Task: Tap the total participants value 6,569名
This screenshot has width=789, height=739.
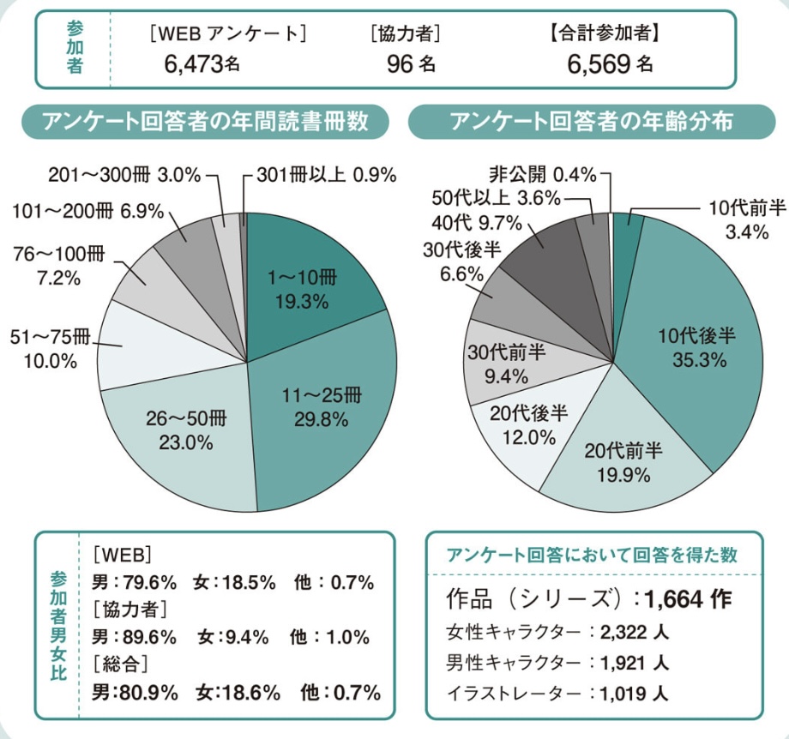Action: pyautogui.click(x=610, y=63)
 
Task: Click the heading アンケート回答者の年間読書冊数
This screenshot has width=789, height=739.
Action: pyautogui.click(x=206, y=122)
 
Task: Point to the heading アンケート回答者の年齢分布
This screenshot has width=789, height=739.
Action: pyautogui.click(x=592, y=122)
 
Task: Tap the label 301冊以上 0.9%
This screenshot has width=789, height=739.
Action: pyautogui.click(x=326, y=176)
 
